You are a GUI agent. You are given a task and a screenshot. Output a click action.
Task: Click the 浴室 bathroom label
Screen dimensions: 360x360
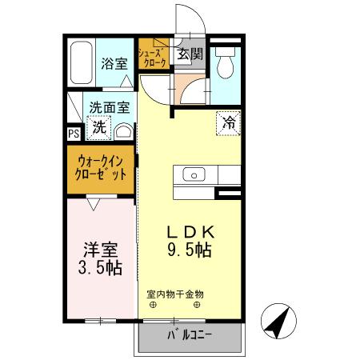click(114, 64)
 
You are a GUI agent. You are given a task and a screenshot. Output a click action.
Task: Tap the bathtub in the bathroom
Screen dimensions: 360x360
click(81, 63)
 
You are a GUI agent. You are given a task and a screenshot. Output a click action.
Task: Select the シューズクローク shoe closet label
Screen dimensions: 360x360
click(152, 57)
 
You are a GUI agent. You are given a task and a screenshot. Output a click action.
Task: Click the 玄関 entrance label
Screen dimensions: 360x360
click(190, 55)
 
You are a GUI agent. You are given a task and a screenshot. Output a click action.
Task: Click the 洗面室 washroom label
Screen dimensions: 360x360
click(109, 106)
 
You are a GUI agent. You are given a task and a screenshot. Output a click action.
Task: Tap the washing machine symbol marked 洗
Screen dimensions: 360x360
click(99, 126)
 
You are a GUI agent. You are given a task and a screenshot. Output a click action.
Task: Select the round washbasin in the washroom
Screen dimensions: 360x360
click(124, 131)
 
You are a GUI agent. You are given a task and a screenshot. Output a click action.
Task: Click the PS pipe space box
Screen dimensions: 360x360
click(73, 134)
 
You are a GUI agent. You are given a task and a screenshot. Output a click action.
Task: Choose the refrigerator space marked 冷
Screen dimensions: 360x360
click(228, 123)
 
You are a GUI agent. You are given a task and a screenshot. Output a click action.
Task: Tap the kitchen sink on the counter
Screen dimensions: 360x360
click(194, 174)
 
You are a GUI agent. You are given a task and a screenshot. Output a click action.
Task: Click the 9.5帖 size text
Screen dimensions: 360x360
click(189, 250)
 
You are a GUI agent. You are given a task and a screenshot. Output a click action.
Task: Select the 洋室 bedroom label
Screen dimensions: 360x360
click(101, 248)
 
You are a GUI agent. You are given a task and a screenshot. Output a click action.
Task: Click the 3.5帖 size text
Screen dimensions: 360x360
click(101, 267)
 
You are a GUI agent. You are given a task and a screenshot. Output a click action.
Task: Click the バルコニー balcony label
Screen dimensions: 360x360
click(189, 334)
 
